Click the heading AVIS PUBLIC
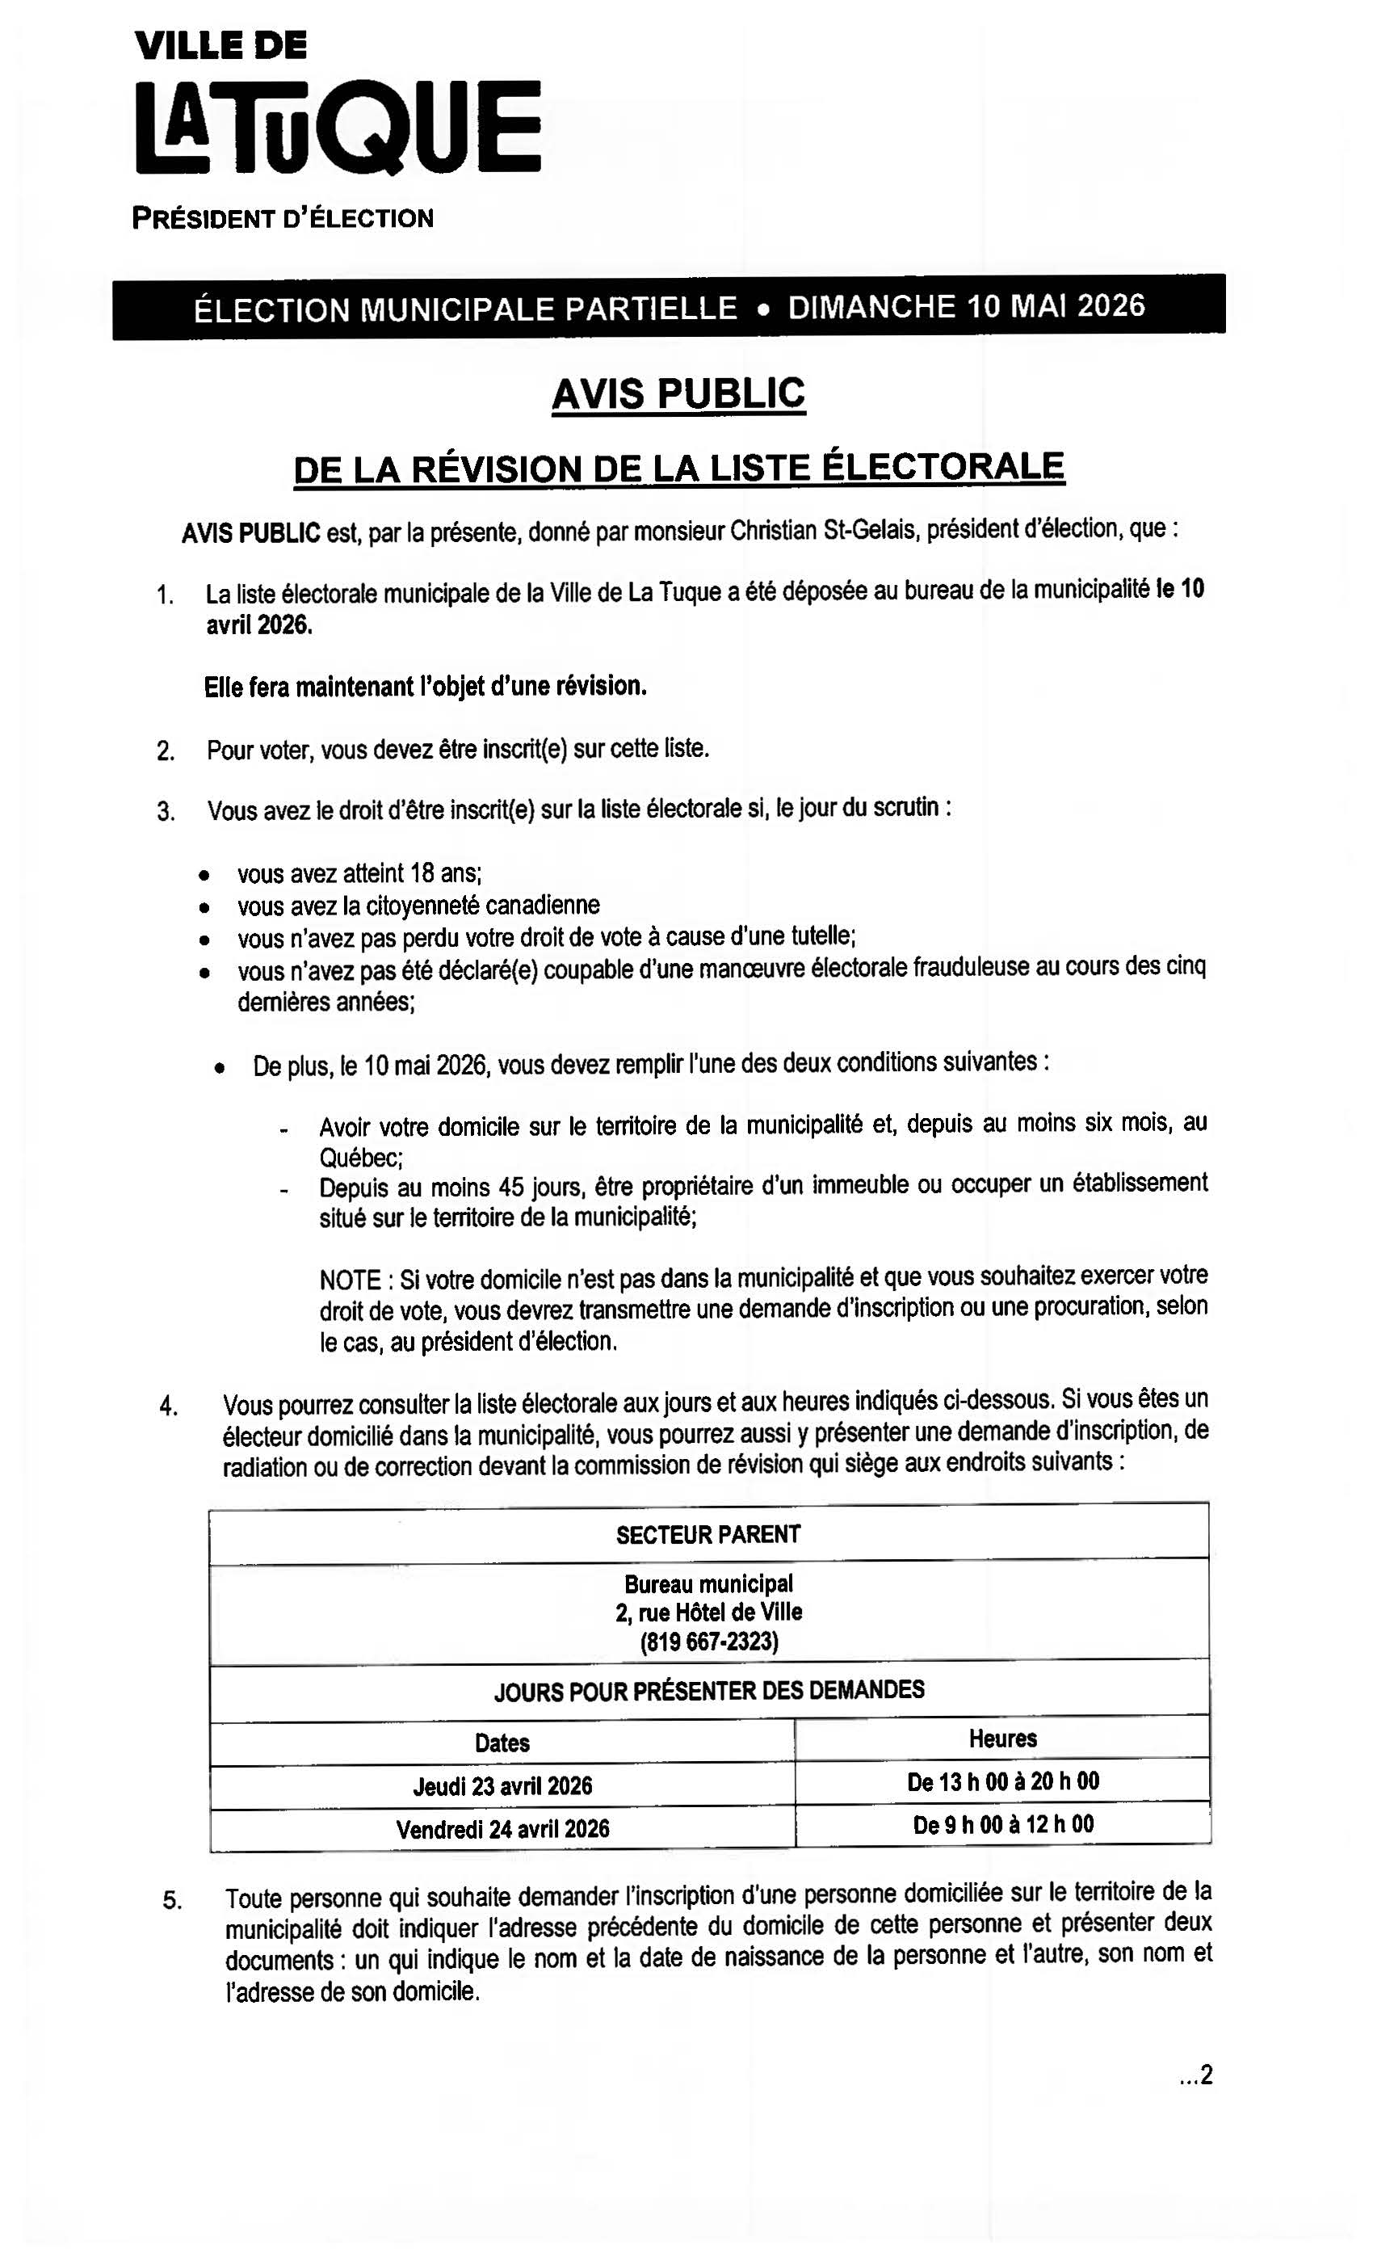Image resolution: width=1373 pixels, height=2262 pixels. (x=678, y=394)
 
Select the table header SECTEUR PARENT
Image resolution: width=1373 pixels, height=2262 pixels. (x=707, y=1535)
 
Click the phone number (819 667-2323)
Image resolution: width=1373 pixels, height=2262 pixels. (x=708, y=1642)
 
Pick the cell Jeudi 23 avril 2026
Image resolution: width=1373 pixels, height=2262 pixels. (x=502, y=1785)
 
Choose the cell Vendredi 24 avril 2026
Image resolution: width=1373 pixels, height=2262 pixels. (x=502, y=1829)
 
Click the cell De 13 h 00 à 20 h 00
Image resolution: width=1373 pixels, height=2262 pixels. (x=1002, y=1782)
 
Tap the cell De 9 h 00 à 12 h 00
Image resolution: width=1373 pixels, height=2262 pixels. (x=1002, y=1825)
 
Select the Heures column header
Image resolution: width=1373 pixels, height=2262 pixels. (x=1002, y=1739)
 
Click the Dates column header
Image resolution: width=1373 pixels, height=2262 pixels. (x=502, y=1743)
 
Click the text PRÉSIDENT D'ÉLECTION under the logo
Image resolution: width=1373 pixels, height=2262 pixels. (x=283, y=218)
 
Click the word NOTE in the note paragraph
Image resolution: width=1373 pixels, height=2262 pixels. (x=350, y=1280)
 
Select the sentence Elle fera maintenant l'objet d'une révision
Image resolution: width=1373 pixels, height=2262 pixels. (x=425, y=687)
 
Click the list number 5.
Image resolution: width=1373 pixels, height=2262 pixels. (x=171, y=1900)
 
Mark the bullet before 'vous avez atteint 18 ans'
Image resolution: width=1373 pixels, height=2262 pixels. (x=204, y=874)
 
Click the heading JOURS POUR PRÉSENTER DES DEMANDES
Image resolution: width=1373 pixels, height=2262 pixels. (x=708, y=1691)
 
